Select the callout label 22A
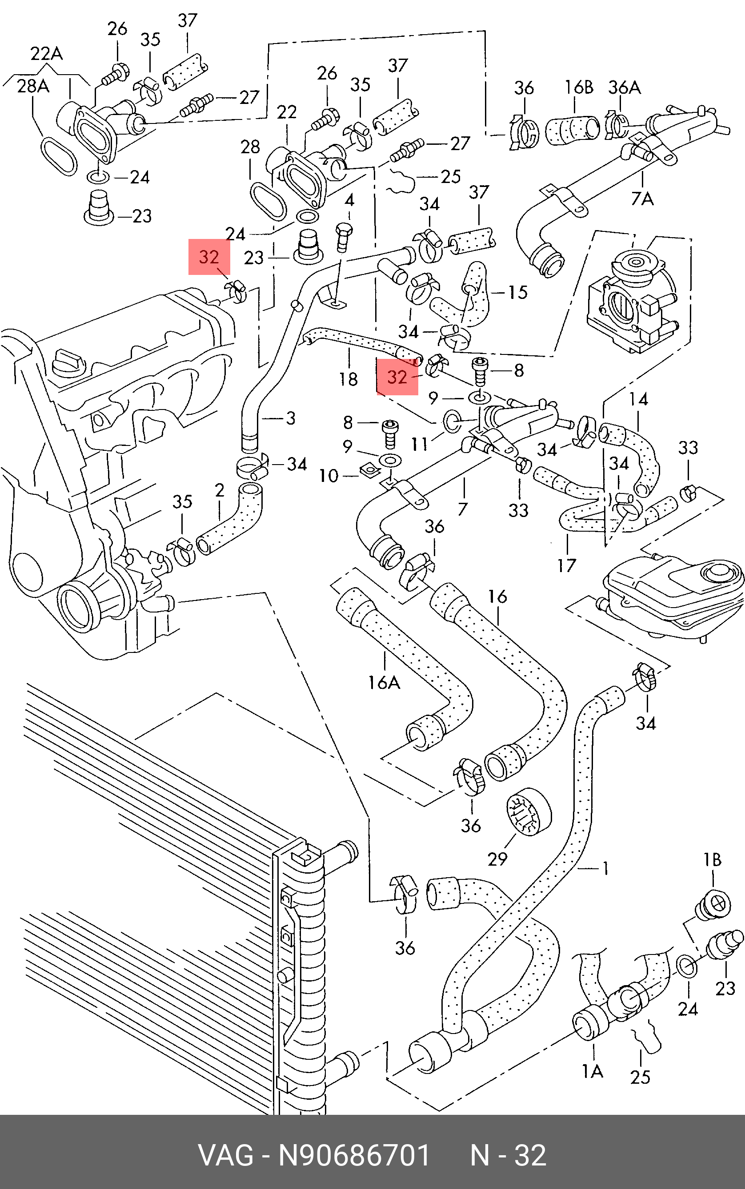46,53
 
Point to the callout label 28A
33,86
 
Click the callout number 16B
578,87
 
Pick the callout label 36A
624,87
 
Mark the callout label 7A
642,199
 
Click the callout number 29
497,859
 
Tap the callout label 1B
713,860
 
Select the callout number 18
348,379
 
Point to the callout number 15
518,292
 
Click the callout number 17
567,566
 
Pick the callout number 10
328,476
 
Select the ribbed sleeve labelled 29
529,812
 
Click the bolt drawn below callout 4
344,236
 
